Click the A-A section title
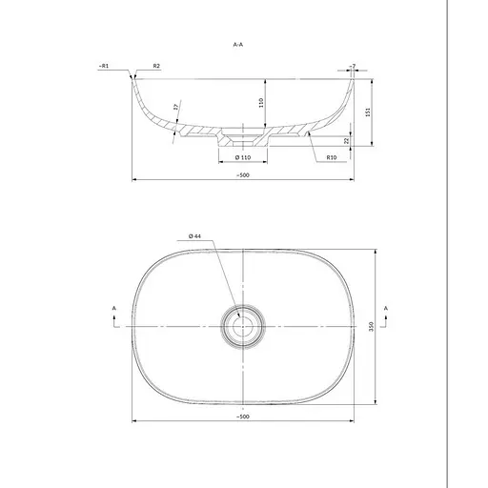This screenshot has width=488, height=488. point(238,45)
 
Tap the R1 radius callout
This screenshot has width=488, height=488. point(104,66)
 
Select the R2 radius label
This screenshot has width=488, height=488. point(156,66)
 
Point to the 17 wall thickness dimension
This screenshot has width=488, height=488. point(175,107)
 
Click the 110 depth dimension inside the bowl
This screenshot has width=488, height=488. point(261,103)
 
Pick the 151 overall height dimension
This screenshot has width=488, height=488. point(368,112)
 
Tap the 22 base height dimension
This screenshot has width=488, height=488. point(347,140)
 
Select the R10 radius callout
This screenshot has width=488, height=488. point(332,157)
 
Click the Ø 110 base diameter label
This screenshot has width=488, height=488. point(243,157)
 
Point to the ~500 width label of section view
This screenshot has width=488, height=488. point(243,175)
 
